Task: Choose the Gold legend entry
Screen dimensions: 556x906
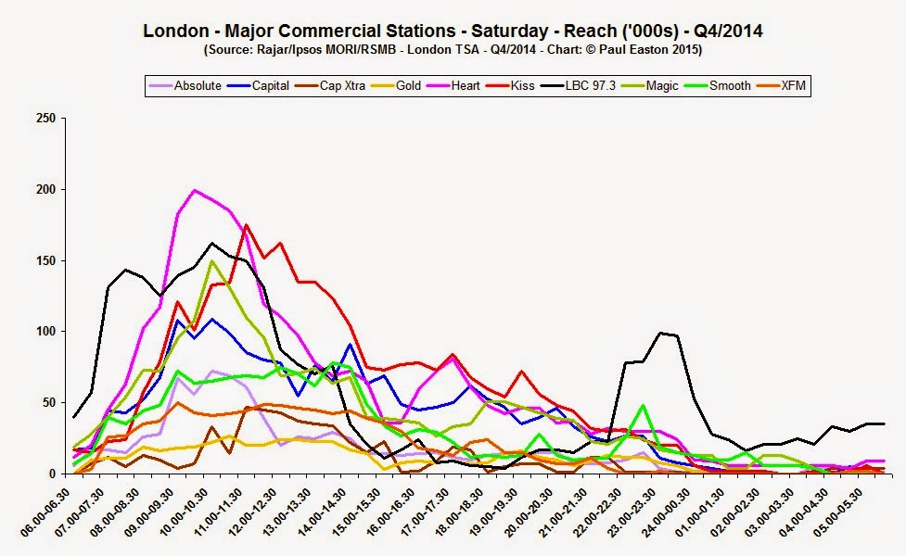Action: click(x=408, y=86)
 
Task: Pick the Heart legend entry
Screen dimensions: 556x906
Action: click(x=464, y=86)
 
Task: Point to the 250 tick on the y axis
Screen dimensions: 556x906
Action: click(x=45, y=119)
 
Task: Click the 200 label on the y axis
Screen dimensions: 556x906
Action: click(x=45, y=189)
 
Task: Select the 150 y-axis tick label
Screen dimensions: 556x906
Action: click(x=45, y=260)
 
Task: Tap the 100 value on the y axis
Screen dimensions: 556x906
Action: click(x=45, y=332)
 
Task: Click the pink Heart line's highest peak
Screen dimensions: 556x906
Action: click(x=194, y=191)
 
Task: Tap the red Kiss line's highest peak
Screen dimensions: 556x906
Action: click(x=246, y=224)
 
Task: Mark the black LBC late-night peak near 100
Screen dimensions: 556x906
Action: click(x=660, y=333)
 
